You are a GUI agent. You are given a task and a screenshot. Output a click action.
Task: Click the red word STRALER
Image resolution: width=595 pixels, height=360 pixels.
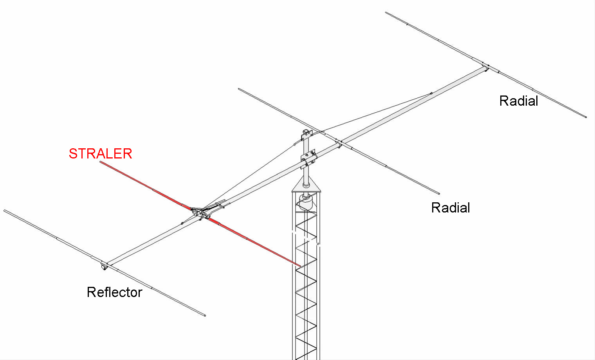100,154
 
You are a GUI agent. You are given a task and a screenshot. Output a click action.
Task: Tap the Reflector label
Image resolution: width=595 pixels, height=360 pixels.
114,292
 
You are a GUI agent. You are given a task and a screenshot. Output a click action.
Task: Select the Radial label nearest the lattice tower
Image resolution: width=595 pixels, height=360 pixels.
451,208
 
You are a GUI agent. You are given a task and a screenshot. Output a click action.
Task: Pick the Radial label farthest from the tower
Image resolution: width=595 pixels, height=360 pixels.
519,101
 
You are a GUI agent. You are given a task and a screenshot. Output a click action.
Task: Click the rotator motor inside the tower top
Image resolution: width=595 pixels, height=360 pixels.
306,202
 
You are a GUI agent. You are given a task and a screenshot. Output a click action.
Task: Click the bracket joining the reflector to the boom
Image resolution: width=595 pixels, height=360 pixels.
105,266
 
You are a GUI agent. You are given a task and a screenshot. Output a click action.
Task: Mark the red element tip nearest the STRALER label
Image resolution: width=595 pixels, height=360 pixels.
100,162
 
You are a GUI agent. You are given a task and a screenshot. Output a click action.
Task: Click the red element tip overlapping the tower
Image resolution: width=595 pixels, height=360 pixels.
299,265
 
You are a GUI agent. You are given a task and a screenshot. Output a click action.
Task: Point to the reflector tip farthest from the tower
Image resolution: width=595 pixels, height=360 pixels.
5,211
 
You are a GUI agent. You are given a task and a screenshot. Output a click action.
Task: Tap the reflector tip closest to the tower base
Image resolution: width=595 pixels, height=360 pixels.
204,315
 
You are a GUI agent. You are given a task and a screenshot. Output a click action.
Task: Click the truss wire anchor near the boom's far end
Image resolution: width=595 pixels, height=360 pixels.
431,93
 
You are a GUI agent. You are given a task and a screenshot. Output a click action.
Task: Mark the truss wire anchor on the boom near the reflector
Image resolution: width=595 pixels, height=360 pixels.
182,223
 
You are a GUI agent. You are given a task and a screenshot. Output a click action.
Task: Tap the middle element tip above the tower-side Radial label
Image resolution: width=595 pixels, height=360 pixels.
438,193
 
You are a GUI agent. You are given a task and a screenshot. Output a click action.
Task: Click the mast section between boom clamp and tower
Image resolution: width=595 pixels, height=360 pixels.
306,175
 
